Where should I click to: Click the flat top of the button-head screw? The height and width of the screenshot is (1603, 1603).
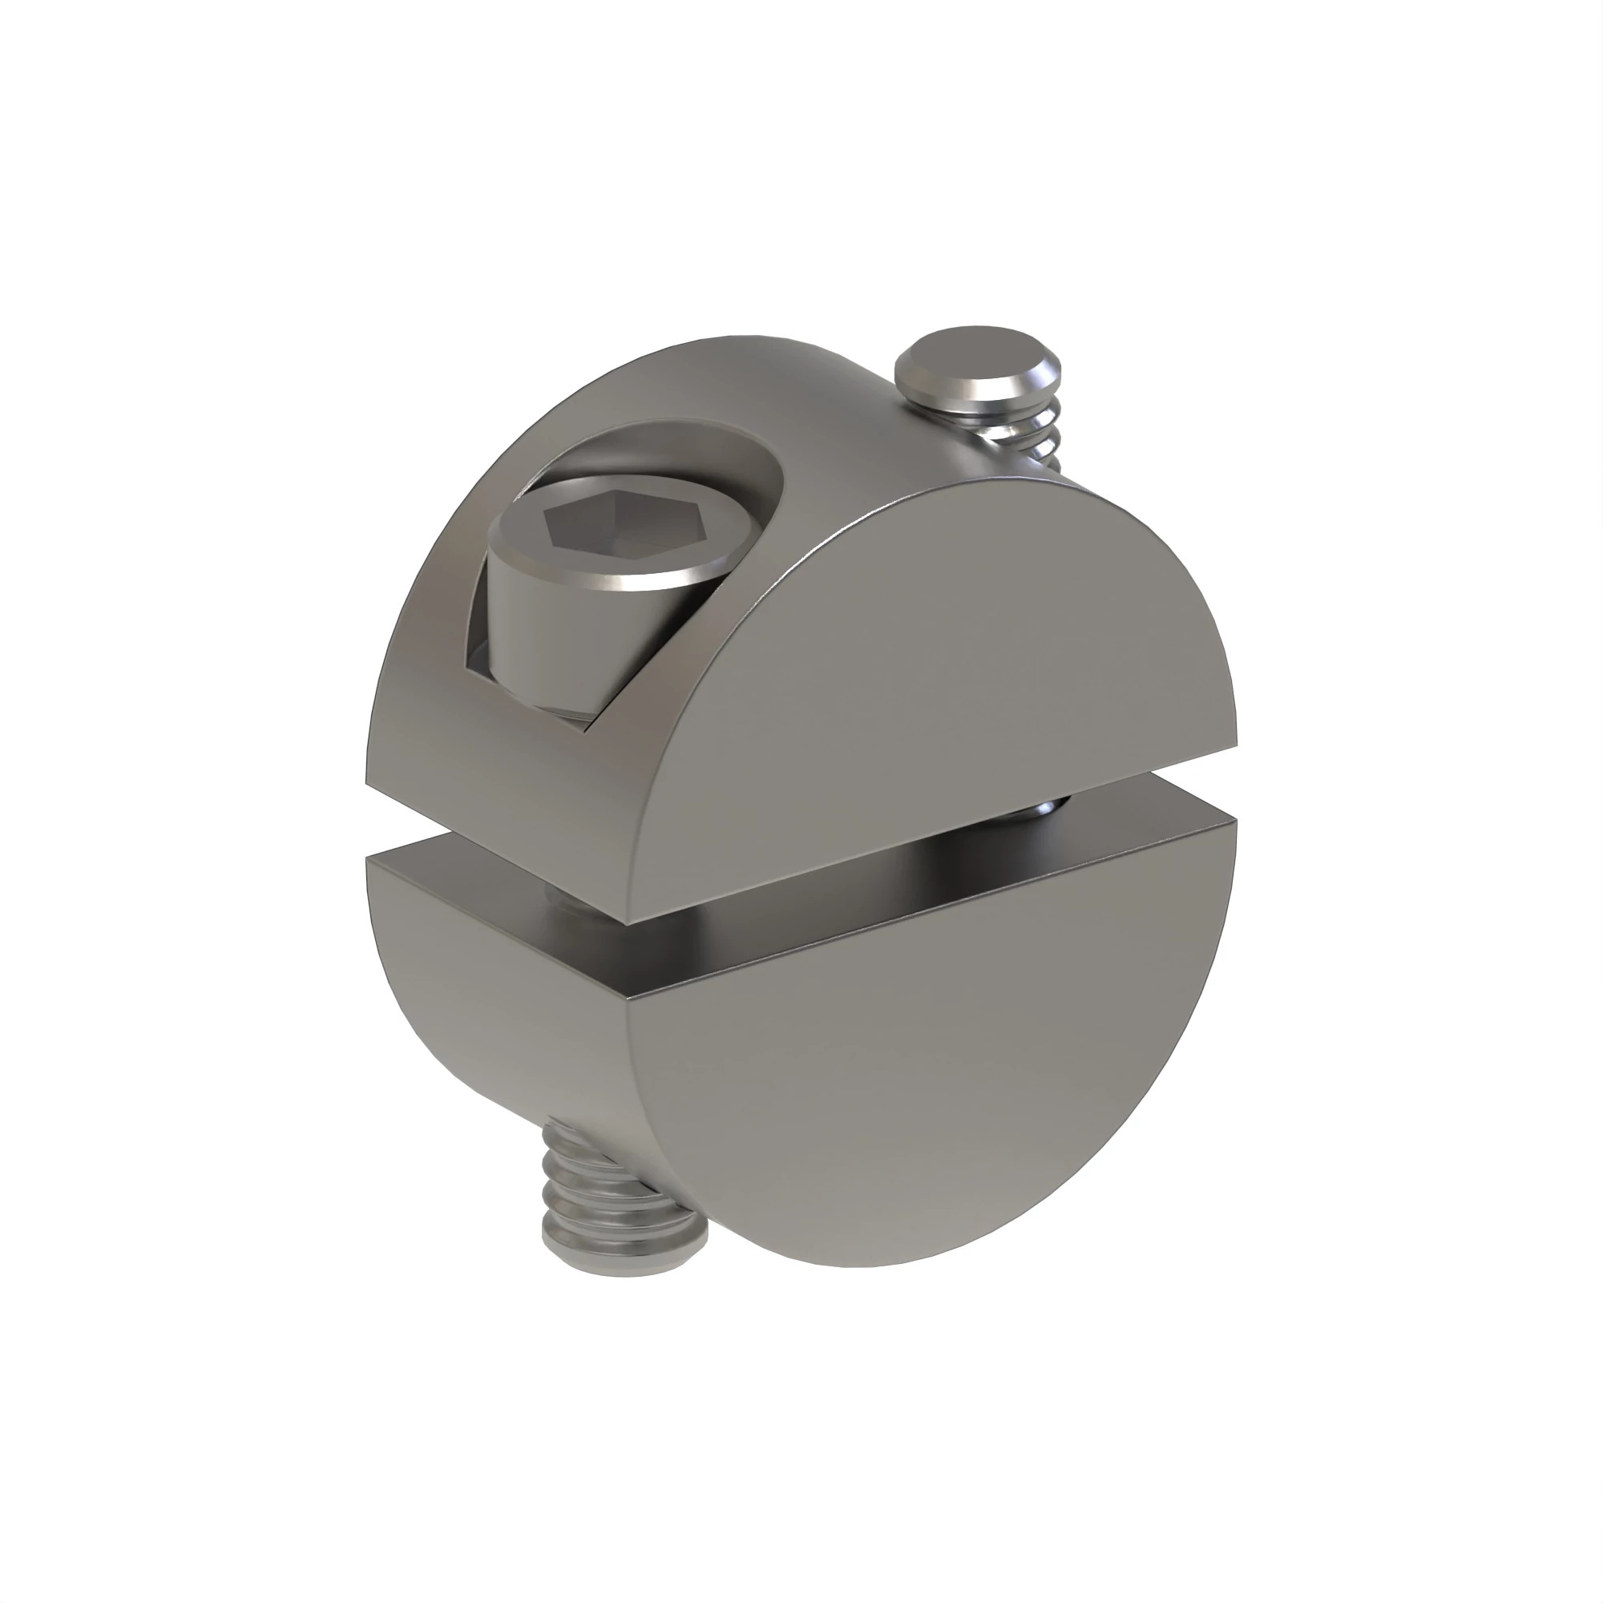974,361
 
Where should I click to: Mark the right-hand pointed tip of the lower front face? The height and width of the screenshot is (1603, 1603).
1234,822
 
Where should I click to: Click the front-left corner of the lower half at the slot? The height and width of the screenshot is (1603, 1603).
628,998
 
